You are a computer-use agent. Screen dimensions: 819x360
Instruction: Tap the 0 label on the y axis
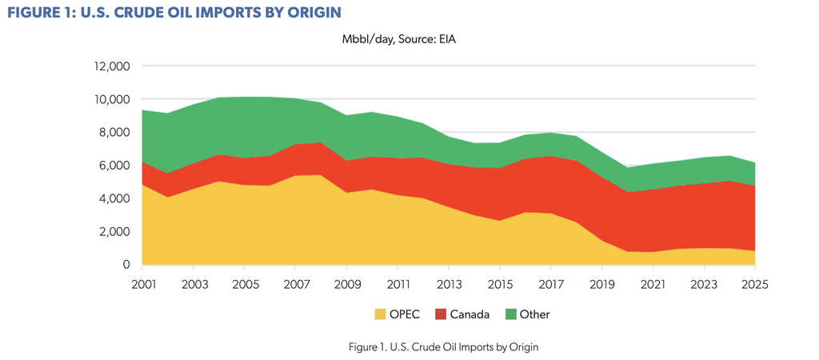pos(126,265)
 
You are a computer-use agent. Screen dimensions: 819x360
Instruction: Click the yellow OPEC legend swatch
pos(380,314)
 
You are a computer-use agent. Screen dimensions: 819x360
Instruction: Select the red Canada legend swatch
pos(440,314)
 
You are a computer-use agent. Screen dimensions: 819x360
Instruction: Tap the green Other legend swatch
pos(510,314)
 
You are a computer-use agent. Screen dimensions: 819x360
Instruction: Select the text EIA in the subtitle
pos(448,40)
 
